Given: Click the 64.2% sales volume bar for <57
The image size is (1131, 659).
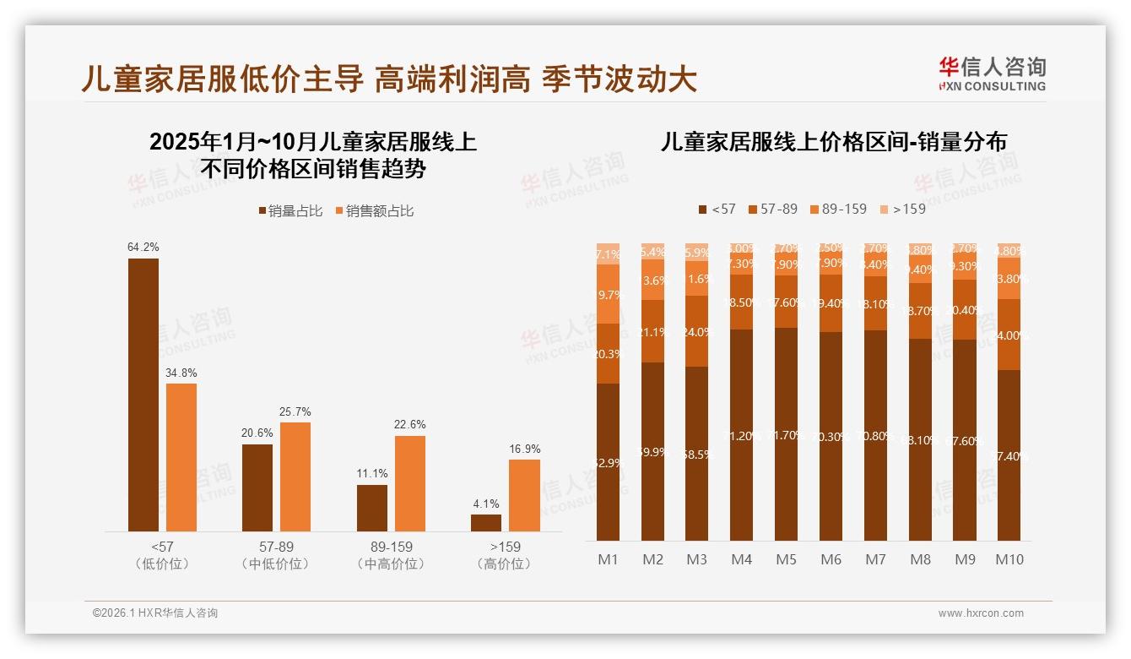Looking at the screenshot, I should [x=143, y=395].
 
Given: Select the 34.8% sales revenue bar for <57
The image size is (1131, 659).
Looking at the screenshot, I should [x=181, y=457].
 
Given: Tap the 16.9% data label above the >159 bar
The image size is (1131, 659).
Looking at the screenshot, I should [x=525, y=449].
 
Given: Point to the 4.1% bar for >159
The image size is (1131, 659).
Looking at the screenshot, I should [x=486, y=523].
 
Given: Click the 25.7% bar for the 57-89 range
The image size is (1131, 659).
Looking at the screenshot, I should [x=295, y=477].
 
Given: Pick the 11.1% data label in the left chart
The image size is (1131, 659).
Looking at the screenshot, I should [x=372, y=474].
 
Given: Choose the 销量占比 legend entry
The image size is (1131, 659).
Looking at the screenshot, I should [x=290, y=211].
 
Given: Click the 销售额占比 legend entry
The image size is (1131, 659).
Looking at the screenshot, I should [x=375, y=211].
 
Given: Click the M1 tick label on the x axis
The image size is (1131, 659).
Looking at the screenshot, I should [x=608, y=559].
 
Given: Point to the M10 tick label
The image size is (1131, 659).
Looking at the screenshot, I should [x=1009, y=559].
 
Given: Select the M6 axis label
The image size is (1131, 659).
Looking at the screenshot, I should [x=831, y=559].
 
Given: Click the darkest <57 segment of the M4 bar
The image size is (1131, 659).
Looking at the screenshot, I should [x=741, y=435].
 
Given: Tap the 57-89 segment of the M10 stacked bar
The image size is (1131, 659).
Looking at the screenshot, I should [x=1009, y=335].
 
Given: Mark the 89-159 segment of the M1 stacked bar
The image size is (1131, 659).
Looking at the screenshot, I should [x=608, y=294].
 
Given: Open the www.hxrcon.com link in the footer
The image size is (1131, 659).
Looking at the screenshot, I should [x=981, y=613].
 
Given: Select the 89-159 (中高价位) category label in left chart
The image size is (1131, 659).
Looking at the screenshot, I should [x=391, y=555].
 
